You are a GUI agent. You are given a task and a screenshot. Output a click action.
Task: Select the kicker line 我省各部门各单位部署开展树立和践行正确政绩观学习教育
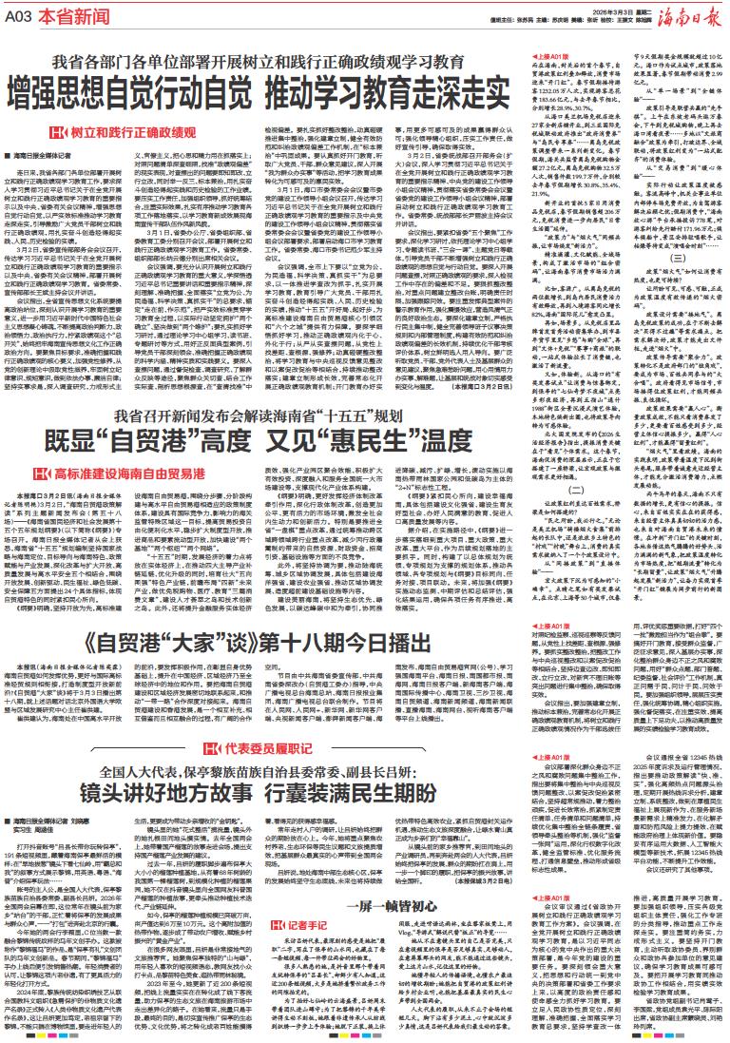click(260, 63)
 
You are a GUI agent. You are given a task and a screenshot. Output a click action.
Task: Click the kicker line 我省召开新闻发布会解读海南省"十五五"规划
click(260, 388)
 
